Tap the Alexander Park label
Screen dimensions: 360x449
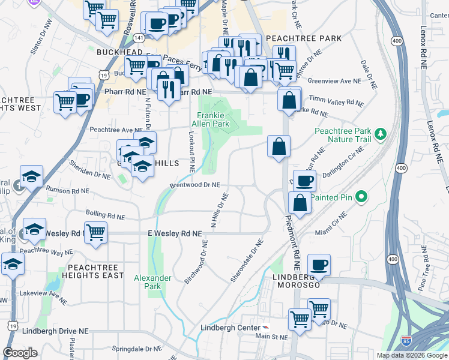[x=152, y=282]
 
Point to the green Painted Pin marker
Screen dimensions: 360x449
[x=361, y=196]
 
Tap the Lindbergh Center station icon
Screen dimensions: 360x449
[x=265, y=328]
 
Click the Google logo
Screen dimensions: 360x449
[x=20, y=353]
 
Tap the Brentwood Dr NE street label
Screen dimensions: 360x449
[x=195, y=186]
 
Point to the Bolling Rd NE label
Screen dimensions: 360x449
[x=105, y=215]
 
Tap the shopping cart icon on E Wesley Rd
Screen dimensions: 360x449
[x=96, y=232]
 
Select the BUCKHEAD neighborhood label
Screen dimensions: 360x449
[x=118, y=53]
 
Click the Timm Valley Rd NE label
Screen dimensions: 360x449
[x=336, y=102]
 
